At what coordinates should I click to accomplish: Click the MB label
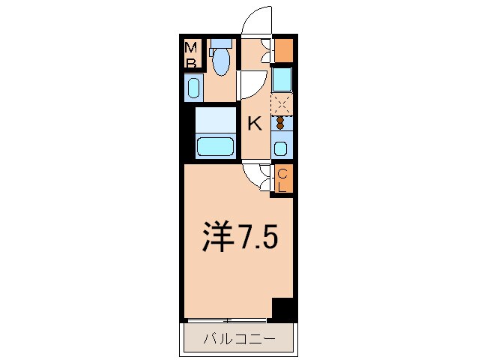tap(193, 55)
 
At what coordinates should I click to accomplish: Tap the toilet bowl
tap(220, 64)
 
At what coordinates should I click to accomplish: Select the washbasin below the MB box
tap(193, 88)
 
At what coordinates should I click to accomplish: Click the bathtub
tap(216, 145)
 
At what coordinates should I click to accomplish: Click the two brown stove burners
tap(281, 122)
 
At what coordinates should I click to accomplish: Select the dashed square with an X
tap(281, 103)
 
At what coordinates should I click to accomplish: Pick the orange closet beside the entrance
tap(283, 49)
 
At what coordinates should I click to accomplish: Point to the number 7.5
tap(258, 238)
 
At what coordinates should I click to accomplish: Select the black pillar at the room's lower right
tap(282, 308)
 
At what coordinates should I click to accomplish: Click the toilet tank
tap(220, 44)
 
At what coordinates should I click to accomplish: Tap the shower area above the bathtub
tap(216, 118)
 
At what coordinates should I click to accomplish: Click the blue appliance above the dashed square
tap(282, 79)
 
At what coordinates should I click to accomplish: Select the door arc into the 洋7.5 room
tap(255, 177)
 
